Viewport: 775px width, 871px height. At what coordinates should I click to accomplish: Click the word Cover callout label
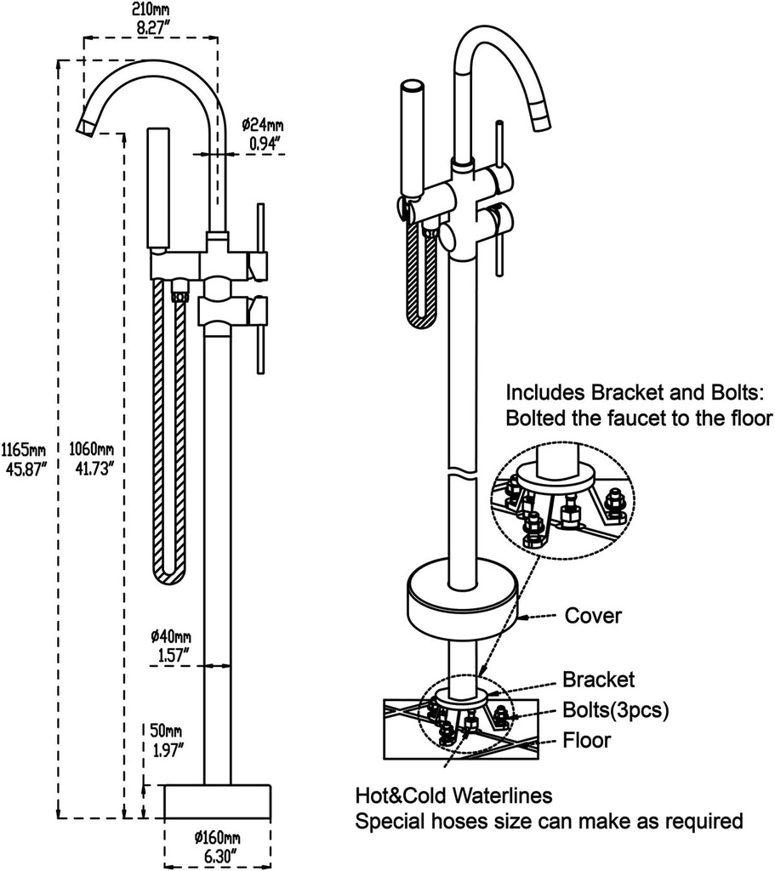tap(594, 615)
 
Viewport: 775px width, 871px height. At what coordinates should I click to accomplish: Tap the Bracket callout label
tap(598, 679)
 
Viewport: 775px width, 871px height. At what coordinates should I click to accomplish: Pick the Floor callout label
tap(587, 740)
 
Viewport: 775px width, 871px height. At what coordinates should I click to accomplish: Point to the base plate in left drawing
tap(216, 801)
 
